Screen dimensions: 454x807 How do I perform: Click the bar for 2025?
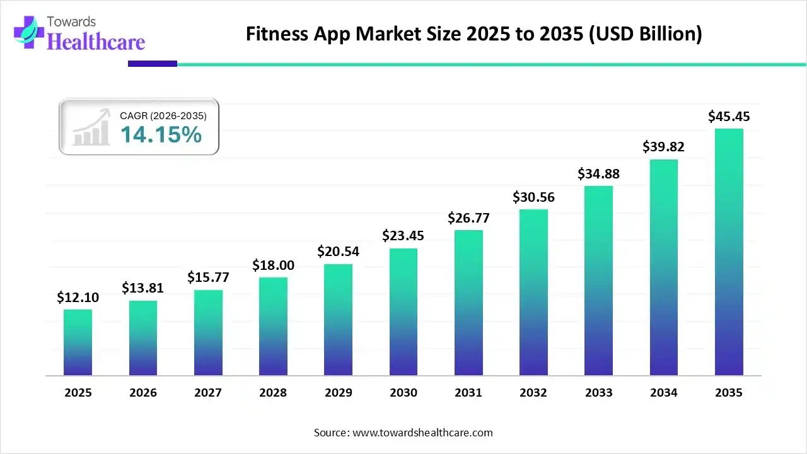point(78,342)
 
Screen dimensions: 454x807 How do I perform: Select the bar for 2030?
point(403,312)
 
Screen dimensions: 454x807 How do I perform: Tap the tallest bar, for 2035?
point(729,252)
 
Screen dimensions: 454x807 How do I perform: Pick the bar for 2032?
point(533,293)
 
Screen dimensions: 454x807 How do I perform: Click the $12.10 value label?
point(78,297)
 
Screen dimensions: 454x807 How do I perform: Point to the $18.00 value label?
point(273,265)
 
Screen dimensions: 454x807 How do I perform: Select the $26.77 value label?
point(468,218)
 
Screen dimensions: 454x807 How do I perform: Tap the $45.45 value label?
point(729,117)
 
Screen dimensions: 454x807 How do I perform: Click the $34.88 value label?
point(598,174)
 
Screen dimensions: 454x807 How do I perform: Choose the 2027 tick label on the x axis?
point(208,393)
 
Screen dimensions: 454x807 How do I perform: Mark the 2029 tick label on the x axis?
point(338,393)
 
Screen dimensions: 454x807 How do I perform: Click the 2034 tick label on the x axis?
point(664,393)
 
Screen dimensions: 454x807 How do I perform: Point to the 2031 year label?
point(468,393)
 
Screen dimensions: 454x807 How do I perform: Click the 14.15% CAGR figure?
point(161,134)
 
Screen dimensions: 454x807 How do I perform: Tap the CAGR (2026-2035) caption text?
point(163,116)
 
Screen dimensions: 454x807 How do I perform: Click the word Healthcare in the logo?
point(96,42)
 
